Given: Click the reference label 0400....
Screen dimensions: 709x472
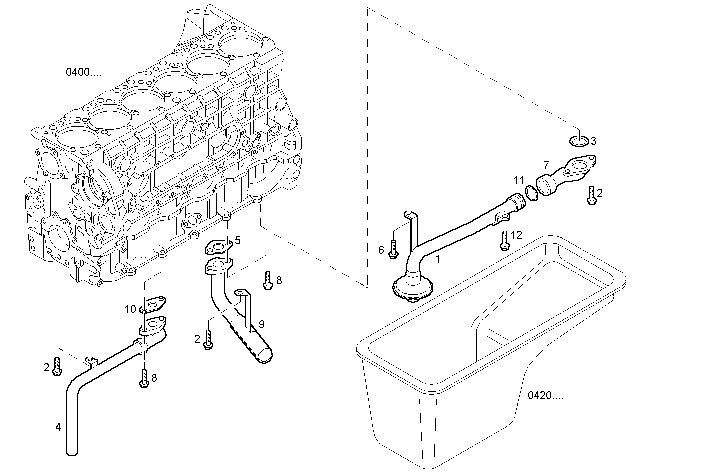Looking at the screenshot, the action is click(x=83, y=72).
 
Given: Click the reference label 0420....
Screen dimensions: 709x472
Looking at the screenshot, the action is click(x=545, y=396).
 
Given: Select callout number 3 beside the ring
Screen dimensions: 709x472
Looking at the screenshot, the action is click(x=593, y=141).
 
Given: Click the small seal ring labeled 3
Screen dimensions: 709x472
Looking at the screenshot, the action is click(x=579, y=141).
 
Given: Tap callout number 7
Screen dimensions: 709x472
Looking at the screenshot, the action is click(x=546, y=165).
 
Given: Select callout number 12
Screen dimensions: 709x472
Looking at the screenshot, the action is click(x=516, y=234).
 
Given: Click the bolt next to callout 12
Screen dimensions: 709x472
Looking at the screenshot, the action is click(x=504, y=241).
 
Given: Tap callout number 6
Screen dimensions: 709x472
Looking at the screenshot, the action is click(x=381, y=250).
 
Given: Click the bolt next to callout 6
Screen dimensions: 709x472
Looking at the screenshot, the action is click(x=393, y=248).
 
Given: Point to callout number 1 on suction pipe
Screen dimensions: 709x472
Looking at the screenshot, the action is click(x=438, y=259).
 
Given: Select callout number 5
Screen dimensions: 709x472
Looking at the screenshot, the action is click(x=238, y=241).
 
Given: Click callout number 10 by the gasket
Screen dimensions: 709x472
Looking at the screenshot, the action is click(x=130, y=309).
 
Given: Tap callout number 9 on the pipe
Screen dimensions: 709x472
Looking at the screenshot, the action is click(x=261, y=324).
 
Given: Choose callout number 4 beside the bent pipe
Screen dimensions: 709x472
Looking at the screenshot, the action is click(x=58, y=427).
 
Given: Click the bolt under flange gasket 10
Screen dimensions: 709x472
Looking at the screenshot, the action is click(x=144, y=378).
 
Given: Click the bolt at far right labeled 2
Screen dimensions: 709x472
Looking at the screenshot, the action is click(x=592, y=195).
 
